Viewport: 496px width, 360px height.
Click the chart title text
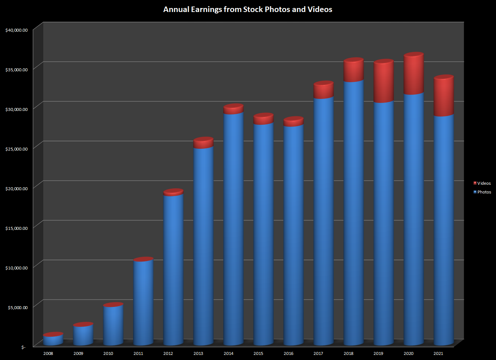[x=248, y=9]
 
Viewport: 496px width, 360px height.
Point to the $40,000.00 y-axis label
[x=16, y=30]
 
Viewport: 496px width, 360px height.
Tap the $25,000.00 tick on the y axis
[x=16, y=149]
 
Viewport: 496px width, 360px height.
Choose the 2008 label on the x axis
[x=48, y=353]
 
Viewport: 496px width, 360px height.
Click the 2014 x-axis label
[x=228, y=353]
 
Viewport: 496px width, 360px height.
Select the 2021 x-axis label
[x=439, y=353]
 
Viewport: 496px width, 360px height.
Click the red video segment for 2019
[x=384, y=82]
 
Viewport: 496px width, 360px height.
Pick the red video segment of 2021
[x=444, y=96]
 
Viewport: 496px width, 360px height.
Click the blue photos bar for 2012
[x=173, y=269]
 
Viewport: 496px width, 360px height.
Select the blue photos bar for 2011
[x=143, y=302]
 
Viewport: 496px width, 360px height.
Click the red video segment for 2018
[x=353, y=70]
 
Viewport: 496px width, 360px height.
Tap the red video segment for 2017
[x=323, y=90]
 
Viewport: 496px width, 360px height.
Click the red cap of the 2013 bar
[x=203, y=143]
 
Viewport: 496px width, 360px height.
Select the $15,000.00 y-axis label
[x=16, y=228]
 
